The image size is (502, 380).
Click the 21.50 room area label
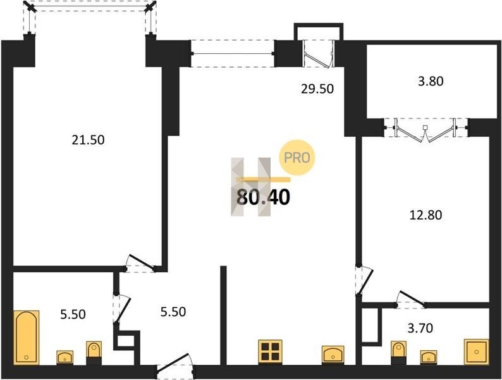pos(88,140)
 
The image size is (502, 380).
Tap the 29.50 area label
pos(317,89)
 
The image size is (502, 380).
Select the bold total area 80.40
pos(263,197)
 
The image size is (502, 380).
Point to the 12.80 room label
pos(425,215)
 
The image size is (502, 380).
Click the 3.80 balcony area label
pos(431,81)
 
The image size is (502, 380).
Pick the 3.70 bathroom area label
pos(420,328)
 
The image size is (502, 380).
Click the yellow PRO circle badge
pos(297,158)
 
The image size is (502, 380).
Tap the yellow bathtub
pos(27,337)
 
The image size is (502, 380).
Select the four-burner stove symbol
pos(271,351)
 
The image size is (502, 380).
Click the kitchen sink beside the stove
pos(333,354)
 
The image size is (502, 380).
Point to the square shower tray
pos(476,351)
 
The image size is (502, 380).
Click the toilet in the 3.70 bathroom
pos(398,353)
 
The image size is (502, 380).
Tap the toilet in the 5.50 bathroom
pos(94,353)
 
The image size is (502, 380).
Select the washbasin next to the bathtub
pos(65,358)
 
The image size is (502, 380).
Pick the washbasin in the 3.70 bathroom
pos(429,357)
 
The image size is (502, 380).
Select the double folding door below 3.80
pos(425,130)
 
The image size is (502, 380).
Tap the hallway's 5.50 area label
pos(173,312)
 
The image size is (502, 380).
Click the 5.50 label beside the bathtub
pos(73,314)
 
